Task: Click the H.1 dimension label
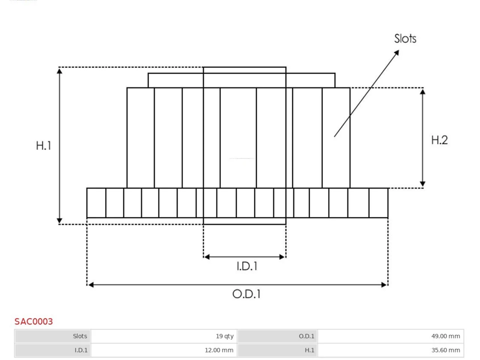(43, 145)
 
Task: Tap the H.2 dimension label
(439, 140)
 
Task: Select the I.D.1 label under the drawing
(247, 266)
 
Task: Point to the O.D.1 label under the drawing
(246, 294)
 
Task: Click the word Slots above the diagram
(405, 39)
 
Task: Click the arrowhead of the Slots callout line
(397, 52)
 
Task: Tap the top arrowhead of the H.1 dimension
(60, 71)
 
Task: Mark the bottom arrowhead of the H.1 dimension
(60, 220)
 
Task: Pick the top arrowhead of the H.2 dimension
(423, 91)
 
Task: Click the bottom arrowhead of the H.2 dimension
(423, 184)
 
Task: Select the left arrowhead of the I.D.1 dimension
(207, 257)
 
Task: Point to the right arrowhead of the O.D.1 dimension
(384, 285)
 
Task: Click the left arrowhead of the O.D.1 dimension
(91, 285)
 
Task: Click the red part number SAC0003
(34, 321)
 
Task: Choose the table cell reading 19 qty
(164, 336)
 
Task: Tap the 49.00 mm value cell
(390, 336)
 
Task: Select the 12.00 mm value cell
(164, 350)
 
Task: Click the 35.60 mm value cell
(390, 350)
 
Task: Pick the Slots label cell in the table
(53, 336)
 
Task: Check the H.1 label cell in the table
(277, 350)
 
